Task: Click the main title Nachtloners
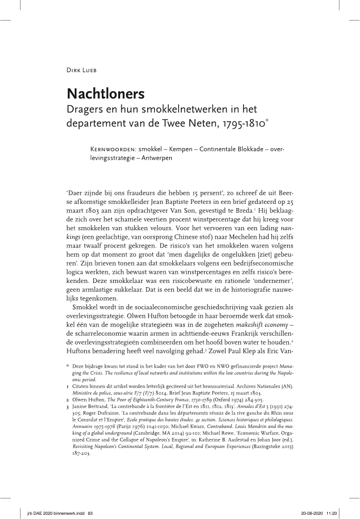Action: (105, 93)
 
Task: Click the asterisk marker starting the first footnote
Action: (68, 365)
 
